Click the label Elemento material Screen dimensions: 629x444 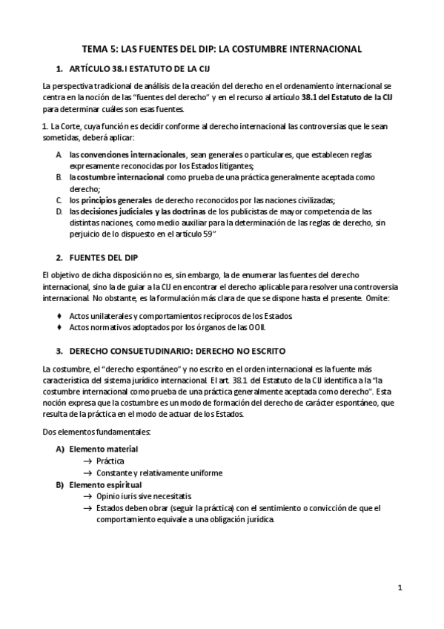pos(103,449)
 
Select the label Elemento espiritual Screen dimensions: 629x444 pos(105,484)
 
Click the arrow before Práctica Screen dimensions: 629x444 pos(88,461)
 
